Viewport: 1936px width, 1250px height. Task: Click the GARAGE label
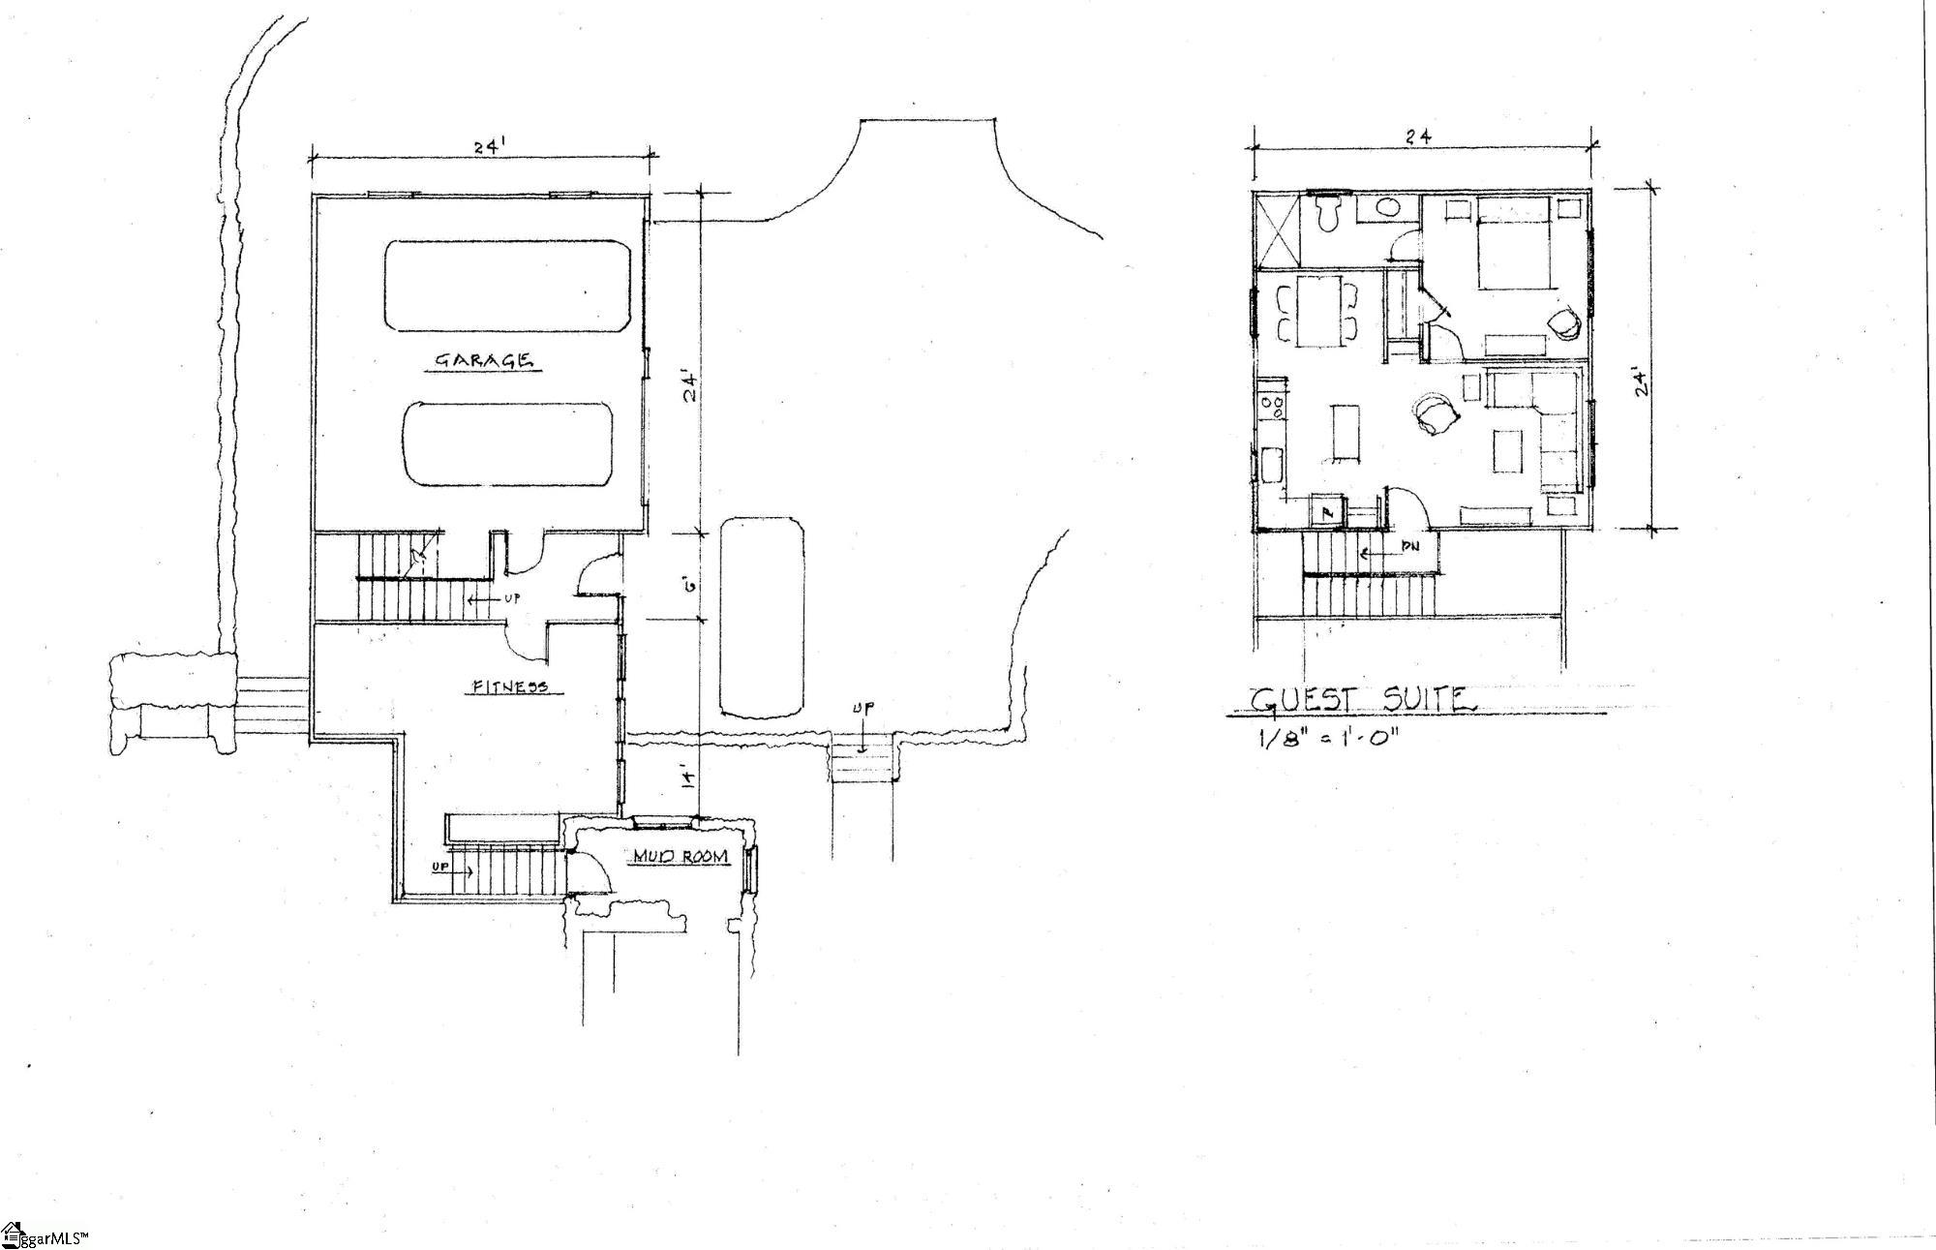(x=482, y=360)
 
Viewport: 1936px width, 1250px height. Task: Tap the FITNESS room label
(x=509, y=686)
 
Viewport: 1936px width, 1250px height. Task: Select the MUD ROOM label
(x=681, y=857)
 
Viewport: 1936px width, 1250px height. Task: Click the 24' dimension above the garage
(x=487, y=147)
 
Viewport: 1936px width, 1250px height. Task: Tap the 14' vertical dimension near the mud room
(x=685, y=778)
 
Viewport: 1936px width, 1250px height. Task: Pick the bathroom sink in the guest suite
(x=1387, y=207)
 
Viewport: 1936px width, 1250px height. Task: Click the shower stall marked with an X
(x=1277, y=229)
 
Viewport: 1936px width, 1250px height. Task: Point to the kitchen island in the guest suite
(x=1346, y=433)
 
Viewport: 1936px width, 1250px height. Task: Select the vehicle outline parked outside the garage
(x=762, y=616)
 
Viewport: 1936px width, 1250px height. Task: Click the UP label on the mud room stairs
(x=440, y=868)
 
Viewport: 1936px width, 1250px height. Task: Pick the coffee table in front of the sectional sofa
(x=1508, y=452)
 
